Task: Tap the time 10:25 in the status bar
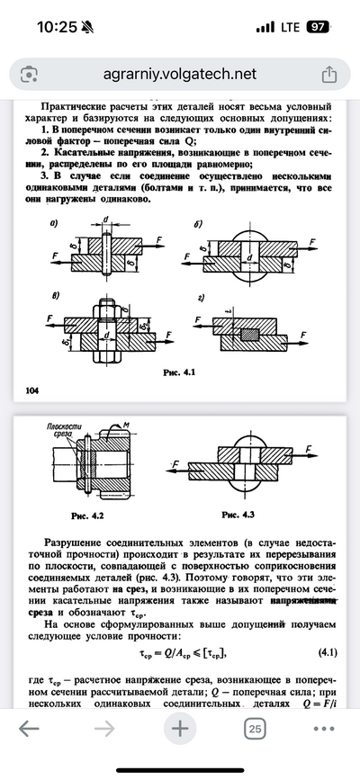click(x=59, y=28)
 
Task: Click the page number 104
click(x=27, y=390)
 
